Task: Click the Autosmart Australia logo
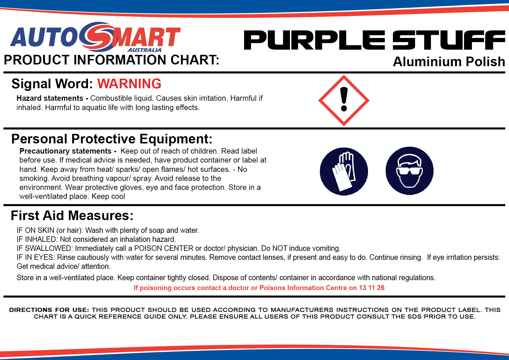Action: (95, 37)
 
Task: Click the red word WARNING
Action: (129, 84)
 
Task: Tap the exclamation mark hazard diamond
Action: (344, 100)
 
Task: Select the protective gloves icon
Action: (344, 171)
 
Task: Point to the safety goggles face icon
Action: (409, 171)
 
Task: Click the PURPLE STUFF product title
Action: (374, 40)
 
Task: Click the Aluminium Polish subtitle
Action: (449, 62)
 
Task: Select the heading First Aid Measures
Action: (72, 216)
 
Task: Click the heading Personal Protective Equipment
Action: (112, 139)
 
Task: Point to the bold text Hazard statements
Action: (50, 98)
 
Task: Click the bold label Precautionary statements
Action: (66, 151)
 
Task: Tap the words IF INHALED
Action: (37, 239)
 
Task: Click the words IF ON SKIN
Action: (35, 230)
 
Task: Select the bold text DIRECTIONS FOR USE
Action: (49, 310)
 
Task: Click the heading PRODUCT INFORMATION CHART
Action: (111, 60)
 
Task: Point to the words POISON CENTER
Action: (164, 248)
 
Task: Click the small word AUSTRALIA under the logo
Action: (145, 50)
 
